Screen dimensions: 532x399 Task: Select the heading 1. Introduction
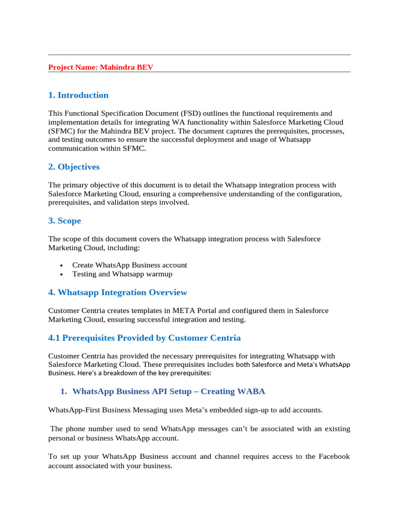[78, 95]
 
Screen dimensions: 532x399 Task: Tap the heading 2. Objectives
[74, 167]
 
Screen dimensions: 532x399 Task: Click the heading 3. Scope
[64, 221]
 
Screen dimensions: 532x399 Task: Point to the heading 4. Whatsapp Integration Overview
[117, 292]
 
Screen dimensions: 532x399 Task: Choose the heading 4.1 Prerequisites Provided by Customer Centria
[144, 338]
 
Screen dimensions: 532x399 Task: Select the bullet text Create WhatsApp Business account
[129, 265]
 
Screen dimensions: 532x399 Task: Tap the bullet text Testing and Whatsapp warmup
[122, 274]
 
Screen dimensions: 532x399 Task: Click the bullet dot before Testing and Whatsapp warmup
[61, 274]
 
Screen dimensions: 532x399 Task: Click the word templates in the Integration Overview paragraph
[141, 311]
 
